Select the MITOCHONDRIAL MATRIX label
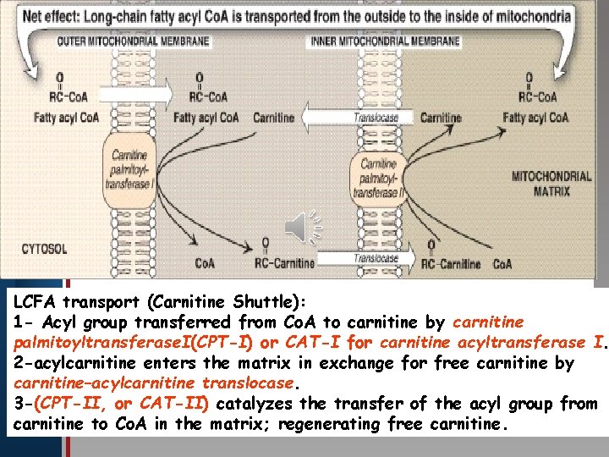(551, 184)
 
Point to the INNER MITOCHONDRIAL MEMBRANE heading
(386, 41)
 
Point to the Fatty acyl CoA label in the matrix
(535, 118)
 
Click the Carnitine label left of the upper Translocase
(274, 118)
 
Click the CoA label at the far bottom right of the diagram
(502, 264)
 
